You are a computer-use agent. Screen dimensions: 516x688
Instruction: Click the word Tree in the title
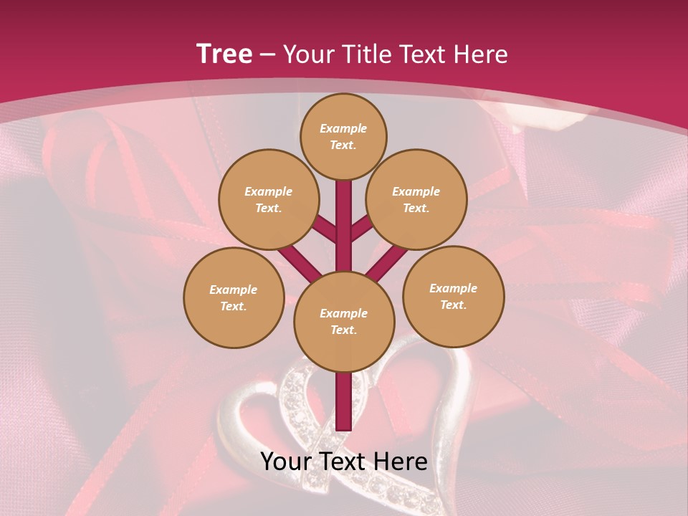(x=224, y=54)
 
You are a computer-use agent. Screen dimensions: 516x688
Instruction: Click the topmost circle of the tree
(x=343, y=136)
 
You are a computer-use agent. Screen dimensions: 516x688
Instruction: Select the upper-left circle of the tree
(x=269, y=199)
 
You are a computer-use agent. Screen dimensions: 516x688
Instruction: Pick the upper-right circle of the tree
(x=416, y=199)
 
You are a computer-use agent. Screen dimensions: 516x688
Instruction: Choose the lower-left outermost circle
(x=234, y=297)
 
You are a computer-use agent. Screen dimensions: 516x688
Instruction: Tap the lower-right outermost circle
(x=454, y=296)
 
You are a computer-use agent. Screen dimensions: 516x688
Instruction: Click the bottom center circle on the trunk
(x=344, y=322)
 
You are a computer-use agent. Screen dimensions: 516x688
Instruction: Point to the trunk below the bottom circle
(x=344, y=401)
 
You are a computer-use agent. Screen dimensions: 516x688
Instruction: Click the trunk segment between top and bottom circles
(x=344, y=222)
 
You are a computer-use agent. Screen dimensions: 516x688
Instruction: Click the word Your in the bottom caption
(x=285, y=462)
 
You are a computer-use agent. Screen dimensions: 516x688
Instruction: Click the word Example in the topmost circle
(x=343, y=129)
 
